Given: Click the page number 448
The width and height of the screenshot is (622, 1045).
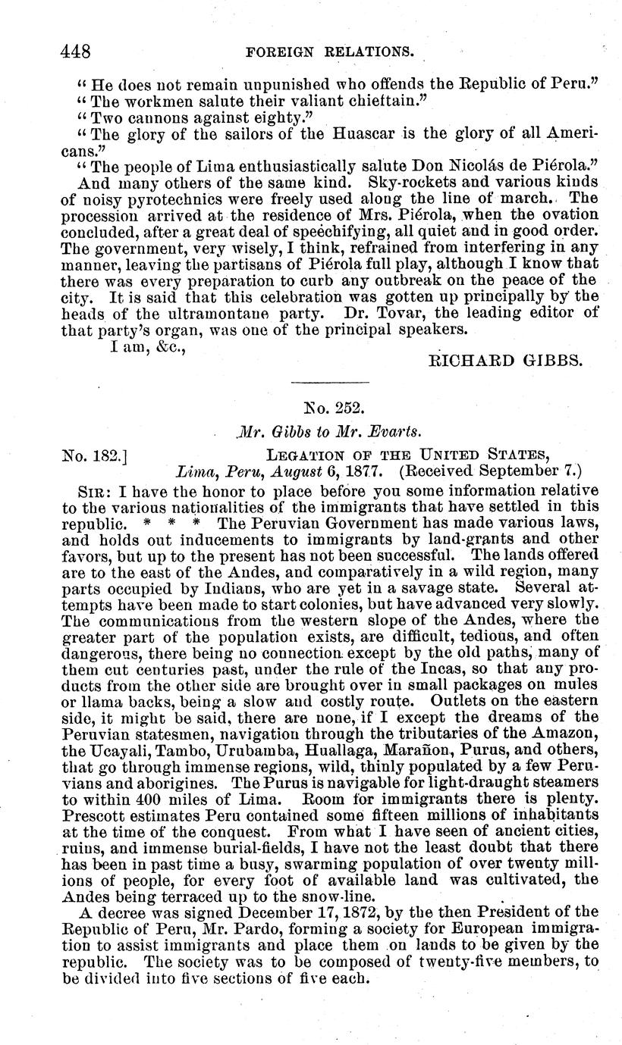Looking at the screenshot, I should pos(77,52).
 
